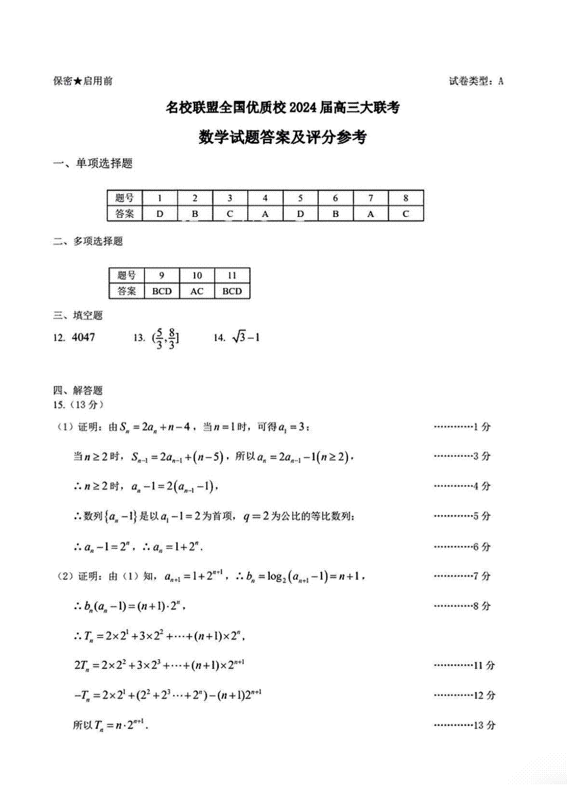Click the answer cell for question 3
tap(230, 214)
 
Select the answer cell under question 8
tap(406, 214)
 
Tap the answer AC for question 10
tap(197, 291)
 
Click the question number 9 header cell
tap(162, 275)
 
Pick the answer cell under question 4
tap(265, 214)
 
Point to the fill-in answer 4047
tap(84, 337)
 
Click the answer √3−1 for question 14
tap(246, 337)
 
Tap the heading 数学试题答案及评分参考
tap(283, 137)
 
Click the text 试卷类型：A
tap(476, 81)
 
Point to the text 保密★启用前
tap(83, 81)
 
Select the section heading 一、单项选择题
tap(93, 163)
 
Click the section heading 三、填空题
tap(78, 315)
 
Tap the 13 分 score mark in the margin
tap(484, 725)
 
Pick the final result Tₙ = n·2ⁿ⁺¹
tap(111, 725)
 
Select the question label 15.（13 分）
tap(78, 405)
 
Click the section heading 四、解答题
tap(78, 390)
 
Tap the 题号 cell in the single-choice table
tap(125, 198)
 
